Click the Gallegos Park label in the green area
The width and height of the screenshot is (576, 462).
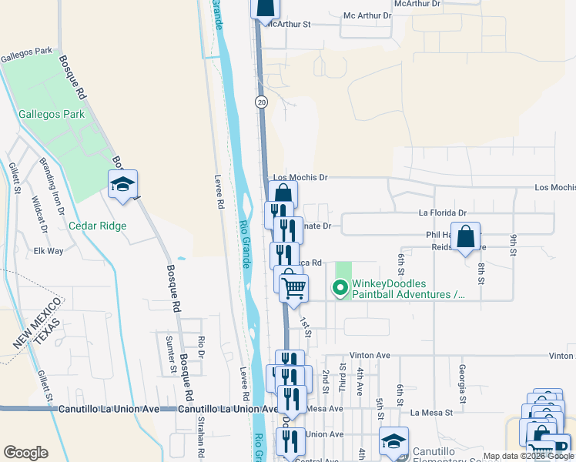[51, 115]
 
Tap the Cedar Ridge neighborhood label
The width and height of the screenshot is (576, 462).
[97, 226]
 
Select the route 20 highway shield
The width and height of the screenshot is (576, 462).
[262, 102]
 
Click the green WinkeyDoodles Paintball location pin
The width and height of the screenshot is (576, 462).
[339, 289]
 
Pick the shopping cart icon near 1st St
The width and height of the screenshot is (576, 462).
[293, 288]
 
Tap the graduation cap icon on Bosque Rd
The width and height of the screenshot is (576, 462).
[122, 183]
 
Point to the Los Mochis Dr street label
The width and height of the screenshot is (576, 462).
[300, 177]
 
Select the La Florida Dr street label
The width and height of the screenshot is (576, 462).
[443, 213]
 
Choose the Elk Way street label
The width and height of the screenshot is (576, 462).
[49, 251]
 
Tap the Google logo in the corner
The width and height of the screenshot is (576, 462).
[25, 453]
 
